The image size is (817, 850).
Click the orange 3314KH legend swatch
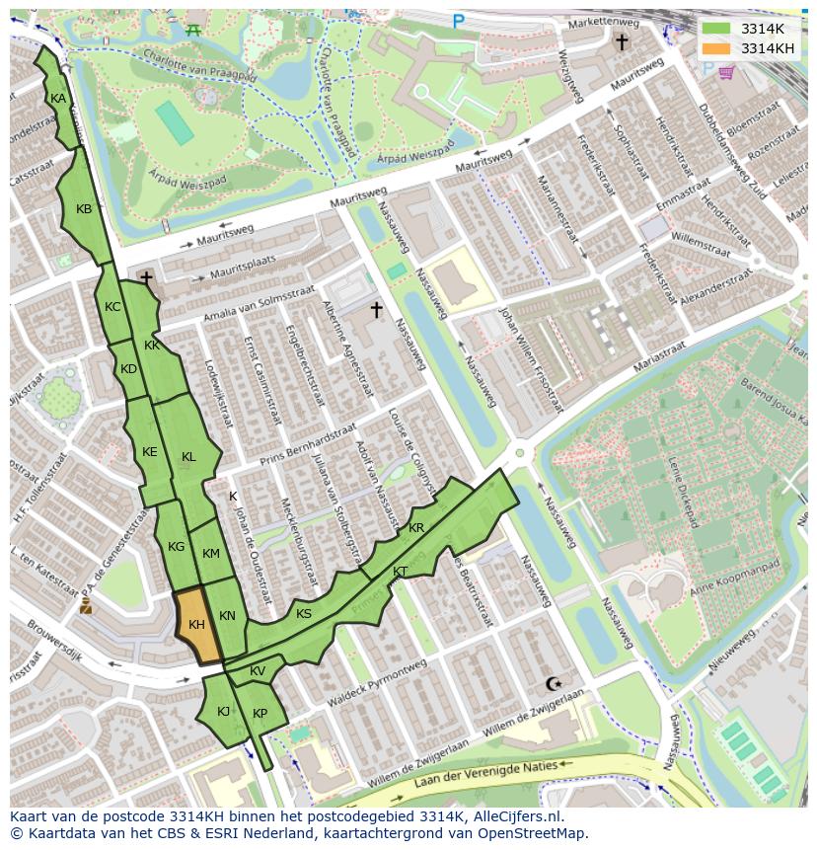tap(716, 48)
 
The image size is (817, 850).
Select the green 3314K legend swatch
tap(716, 29)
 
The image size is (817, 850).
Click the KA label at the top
tap(58, 99)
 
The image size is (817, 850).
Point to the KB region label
tap(84, 209)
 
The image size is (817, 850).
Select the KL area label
tap(188, 457)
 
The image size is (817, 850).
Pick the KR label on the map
tap(416, 528)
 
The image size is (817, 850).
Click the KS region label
tap(304, 614)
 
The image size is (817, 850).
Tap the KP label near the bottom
tap(260, 714)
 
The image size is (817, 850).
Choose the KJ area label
tap(223, 711)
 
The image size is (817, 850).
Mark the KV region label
tap(258, 671)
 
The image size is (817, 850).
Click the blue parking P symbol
tap(458, 21)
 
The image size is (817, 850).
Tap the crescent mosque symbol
tap(553, 683)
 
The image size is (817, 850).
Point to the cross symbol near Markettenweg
tap(622, 41)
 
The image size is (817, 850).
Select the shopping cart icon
tap(726, 72)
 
